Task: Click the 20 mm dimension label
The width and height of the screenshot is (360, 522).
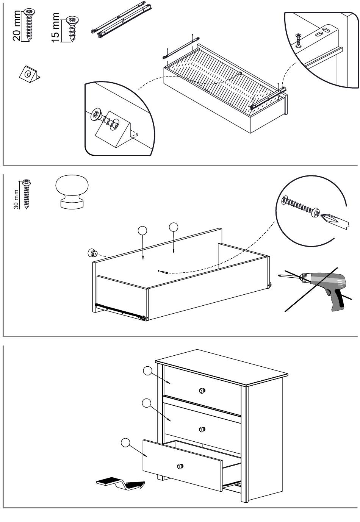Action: coord(17,26)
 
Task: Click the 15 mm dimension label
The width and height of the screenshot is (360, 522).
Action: coord(55,28)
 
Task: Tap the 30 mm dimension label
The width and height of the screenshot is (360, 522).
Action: coord(16,199)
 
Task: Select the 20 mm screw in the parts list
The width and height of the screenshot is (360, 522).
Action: coord(29,25)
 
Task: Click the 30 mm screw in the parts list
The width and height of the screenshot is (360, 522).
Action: coord(27,194)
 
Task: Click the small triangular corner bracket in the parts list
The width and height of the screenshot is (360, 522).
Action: coord(30,74)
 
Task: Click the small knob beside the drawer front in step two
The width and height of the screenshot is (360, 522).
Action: coord(92,253)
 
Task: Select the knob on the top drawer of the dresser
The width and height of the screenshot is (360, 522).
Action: coord(202,391)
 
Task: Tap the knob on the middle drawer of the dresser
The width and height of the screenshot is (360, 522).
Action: coord(202,429)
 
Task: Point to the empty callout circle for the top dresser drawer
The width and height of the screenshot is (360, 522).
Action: coord(147,371)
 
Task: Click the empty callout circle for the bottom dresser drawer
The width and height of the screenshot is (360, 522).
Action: coord(125,442)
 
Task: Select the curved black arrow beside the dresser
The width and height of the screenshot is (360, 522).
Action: coord(121,483)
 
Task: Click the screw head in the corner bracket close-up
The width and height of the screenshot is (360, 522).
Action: coord(96,114)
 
